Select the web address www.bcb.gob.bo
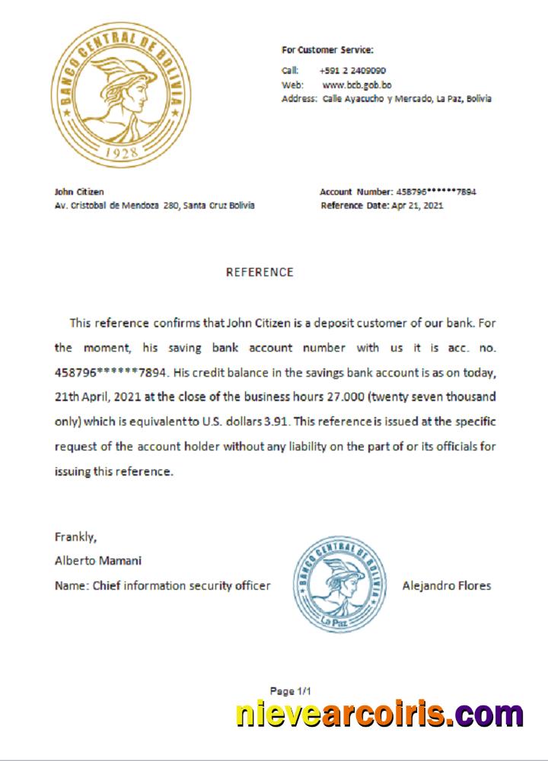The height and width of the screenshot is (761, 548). (x=357, y=84)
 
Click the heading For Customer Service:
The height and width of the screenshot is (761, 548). (x=327, y=50)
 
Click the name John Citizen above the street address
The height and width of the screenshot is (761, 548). (x=79, y=192)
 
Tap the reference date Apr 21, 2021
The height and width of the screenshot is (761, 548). (x=416, y=205)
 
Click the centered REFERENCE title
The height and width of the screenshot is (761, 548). (x=260, y=272)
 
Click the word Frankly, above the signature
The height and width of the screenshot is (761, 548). (x=75, y=537)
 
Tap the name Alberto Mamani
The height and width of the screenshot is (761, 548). (x=98, y=561)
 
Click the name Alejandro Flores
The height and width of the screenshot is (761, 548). (x=446, y=585)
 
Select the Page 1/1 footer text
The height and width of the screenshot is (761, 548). (x=292, y=691)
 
